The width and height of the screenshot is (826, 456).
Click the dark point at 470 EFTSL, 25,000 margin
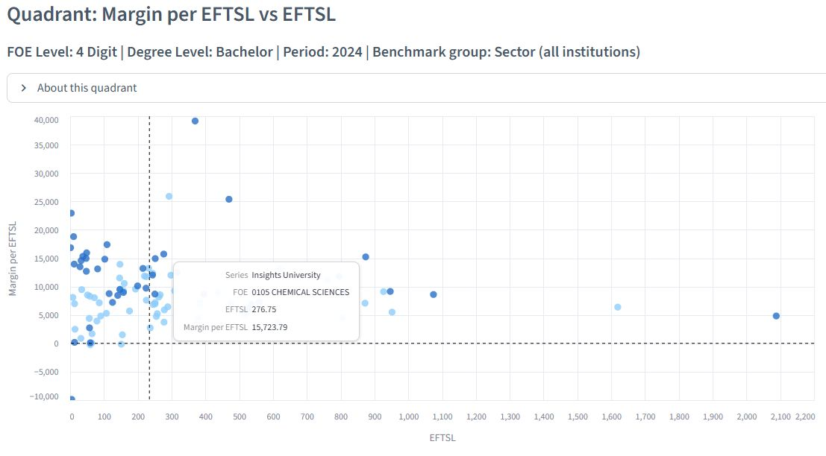tap(229, 200)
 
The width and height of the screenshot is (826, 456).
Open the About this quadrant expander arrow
tap(23, 88)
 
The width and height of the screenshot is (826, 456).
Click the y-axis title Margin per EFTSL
tap(13, 259)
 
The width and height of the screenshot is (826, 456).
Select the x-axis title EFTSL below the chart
tap(442, 437)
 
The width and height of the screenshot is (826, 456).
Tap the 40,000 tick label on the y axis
tap(46, 120)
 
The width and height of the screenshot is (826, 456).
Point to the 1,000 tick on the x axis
tap(409, 417)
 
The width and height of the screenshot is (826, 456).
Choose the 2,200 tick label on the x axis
tap(805, 417)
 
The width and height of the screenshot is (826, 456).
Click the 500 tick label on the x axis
tap(240, 417)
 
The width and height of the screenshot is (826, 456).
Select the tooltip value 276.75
tap(264, 309)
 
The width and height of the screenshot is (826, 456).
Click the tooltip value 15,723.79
tap(269, 327)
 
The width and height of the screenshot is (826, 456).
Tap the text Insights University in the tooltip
tap(286, 275)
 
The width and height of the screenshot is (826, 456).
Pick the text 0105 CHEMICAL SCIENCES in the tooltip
tap(300, 292)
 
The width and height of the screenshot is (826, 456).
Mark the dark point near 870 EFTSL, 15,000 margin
tap(366, 256)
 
